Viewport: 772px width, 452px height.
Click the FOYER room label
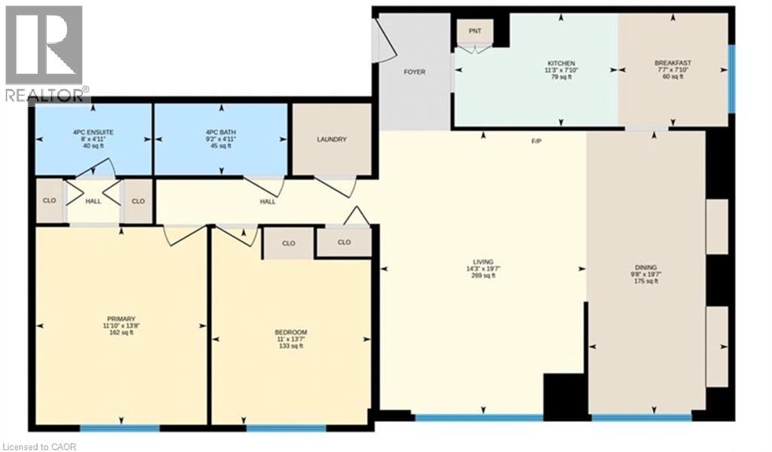click(415, 72)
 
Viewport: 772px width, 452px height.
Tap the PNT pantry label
click(475, 31)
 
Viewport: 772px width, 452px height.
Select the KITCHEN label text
click(561, 63)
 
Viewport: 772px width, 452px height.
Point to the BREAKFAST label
click(672, 63)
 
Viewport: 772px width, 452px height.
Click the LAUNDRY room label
click(332, 139)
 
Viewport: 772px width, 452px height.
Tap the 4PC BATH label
click(221, 133)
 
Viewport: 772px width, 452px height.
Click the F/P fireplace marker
click(536, 141)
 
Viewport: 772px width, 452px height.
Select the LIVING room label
click(483, 262)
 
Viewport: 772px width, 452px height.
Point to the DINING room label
click(645, 267)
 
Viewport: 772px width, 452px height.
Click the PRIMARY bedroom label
click(121, 319)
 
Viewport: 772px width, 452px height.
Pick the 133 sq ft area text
click(290, 346)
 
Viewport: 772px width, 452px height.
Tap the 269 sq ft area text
click(483, 276)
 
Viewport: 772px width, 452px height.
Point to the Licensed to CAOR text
click(39, 447)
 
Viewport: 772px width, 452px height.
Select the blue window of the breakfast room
click(731, 78)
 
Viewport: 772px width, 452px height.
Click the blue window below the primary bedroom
click(120, 429)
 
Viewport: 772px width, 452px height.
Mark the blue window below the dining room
click(642, 417)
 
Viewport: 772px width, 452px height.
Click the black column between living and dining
click(565, 396)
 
